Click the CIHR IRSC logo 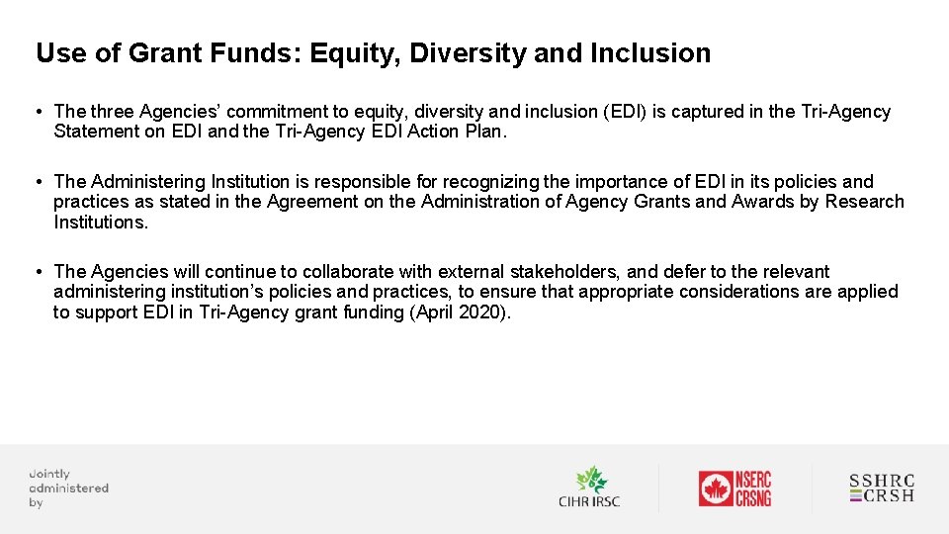tap(589, 488)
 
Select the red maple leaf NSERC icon tap(716, 489)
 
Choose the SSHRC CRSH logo tap(882, 489)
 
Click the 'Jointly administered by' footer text tap(67, 489)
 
